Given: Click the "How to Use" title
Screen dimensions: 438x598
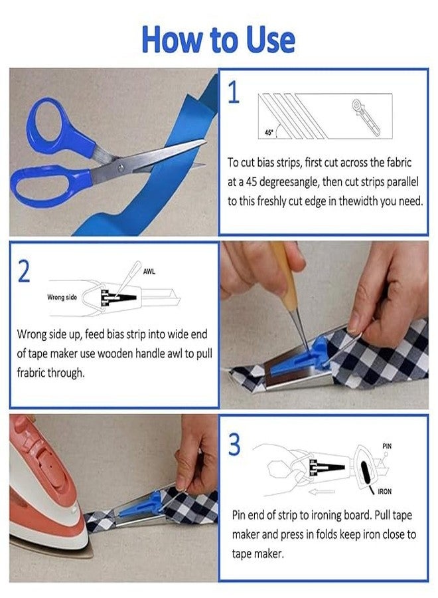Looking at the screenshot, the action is [218, 40].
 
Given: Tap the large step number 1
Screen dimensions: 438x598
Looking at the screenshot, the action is [234, 92].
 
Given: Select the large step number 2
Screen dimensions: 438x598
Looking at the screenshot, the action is [24, 271].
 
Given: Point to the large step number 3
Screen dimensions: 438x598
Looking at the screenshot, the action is [234, 444].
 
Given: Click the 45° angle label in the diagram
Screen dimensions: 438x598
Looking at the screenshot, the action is [269, 133].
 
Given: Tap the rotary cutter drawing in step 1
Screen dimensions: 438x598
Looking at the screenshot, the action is [365, 117].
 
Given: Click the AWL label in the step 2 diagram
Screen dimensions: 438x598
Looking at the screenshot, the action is [149, 272].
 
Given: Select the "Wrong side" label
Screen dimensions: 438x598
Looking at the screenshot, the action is [62, 297].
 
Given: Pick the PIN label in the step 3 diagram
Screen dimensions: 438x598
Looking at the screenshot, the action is [387, 446].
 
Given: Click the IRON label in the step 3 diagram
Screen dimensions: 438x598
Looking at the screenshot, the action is [385, 492].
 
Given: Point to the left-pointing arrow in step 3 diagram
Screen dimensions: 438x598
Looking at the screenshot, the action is [321, 492].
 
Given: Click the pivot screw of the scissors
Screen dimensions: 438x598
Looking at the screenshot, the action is [121, 167].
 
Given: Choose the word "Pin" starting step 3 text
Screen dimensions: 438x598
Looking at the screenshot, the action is [238, 515].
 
